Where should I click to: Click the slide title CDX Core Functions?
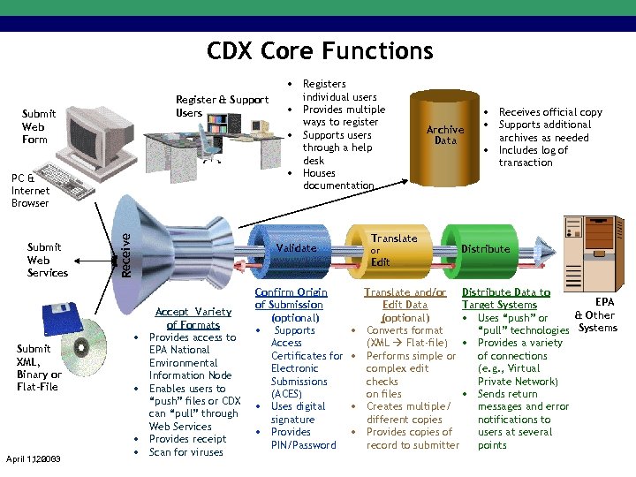(x=320, y=51)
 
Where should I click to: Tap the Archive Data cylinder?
(x=444, y=135)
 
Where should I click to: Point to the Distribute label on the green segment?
(x=485, y=249)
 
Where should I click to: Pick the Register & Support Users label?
(x=222, y=106)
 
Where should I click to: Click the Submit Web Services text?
(x=47, y=260)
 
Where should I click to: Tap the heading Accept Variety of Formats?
(x=193, y=318)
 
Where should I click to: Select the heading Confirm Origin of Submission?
(x=291, y=299)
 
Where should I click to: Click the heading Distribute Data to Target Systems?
(x=505, y=299)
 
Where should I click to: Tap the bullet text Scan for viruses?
(x=185, y=452)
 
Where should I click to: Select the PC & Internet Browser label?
(x=31, y=191)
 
